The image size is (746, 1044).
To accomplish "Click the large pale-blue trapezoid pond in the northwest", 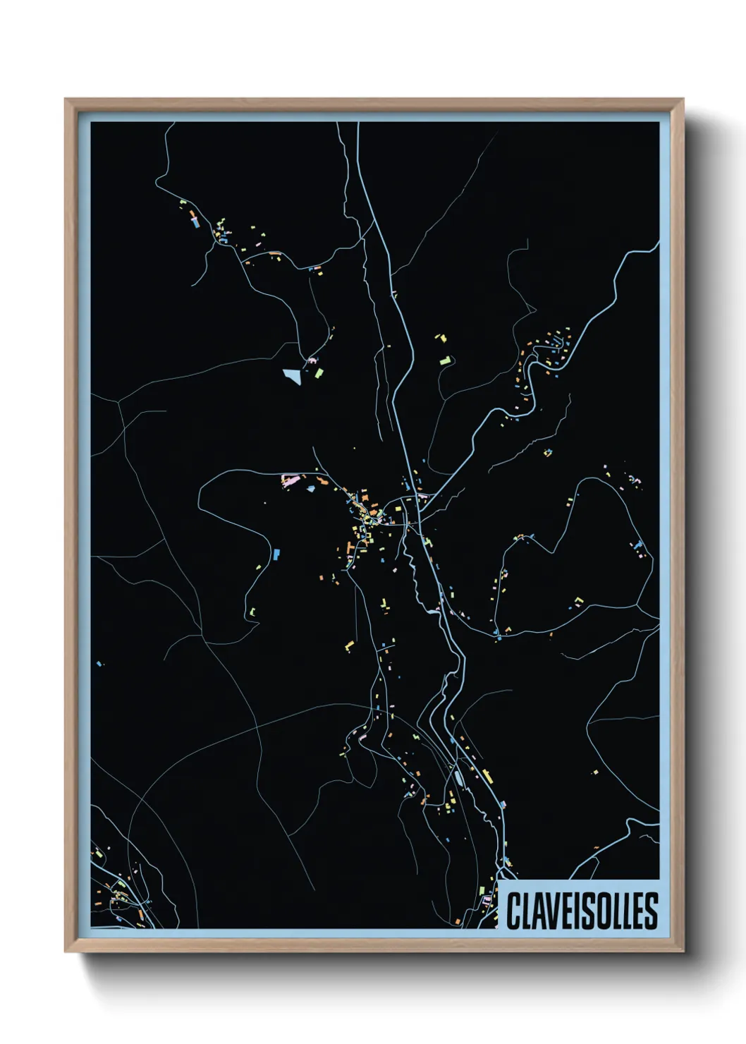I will pyautogui.click(x=291, y=375).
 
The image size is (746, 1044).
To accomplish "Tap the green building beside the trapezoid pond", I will pyautogui.click(x=319, y=372).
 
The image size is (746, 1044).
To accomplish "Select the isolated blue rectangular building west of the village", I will pyautogui.click(x=276, y=554).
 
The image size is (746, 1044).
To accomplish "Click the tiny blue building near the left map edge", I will pyautogui.click(x=99, y=663).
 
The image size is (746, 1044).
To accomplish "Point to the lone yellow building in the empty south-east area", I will pyautogui.click(x=596, y=772).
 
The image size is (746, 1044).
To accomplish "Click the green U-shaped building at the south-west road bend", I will pyautogui.click(x=251, y=611).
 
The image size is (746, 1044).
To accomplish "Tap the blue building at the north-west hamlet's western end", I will pyautogui.click(x=195, y=222).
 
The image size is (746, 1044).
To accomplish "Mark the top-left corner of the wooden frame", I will pyautogui.click(x=66, y=99).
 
